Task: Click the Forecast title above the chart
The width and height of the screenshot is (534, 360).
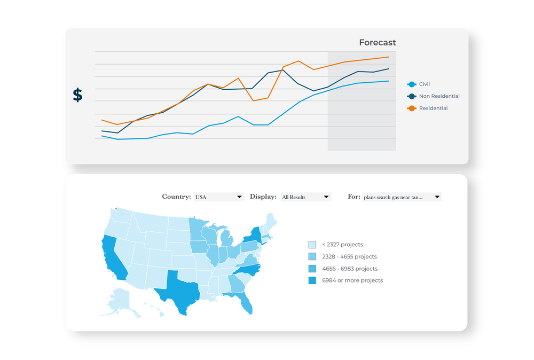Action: point(377,43)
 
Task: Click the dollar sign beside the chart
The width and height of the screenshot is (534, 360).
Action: point(78,95)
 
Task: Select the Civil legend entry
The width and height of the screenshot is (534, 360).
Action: point(424,84)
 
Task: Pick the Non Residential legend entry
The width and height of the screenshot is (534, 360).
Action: point(439,96)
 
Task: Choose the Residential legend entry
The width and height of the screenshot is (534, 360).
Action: point(433,108)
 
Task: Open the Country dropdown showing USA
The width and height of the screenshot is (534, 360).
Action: point(218,197)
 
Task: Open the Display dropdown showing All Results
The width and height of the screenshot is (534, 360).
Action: point(305,197)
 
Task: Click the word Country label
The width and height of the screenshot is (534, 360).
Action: point(176,197)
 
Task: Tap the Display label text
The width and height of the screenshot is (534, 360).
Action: point(263,197)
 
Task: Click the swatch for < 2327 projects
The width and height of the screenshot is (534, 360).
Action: point(312,245)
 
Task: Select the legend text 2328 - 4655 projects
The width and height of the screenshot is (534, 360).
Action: point(349,257)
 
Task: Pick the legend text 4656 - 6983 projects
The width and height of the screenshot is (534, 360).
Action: point(349,269)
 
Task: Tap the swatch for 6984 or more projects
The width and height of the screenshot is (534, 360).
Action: point(312,280)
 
